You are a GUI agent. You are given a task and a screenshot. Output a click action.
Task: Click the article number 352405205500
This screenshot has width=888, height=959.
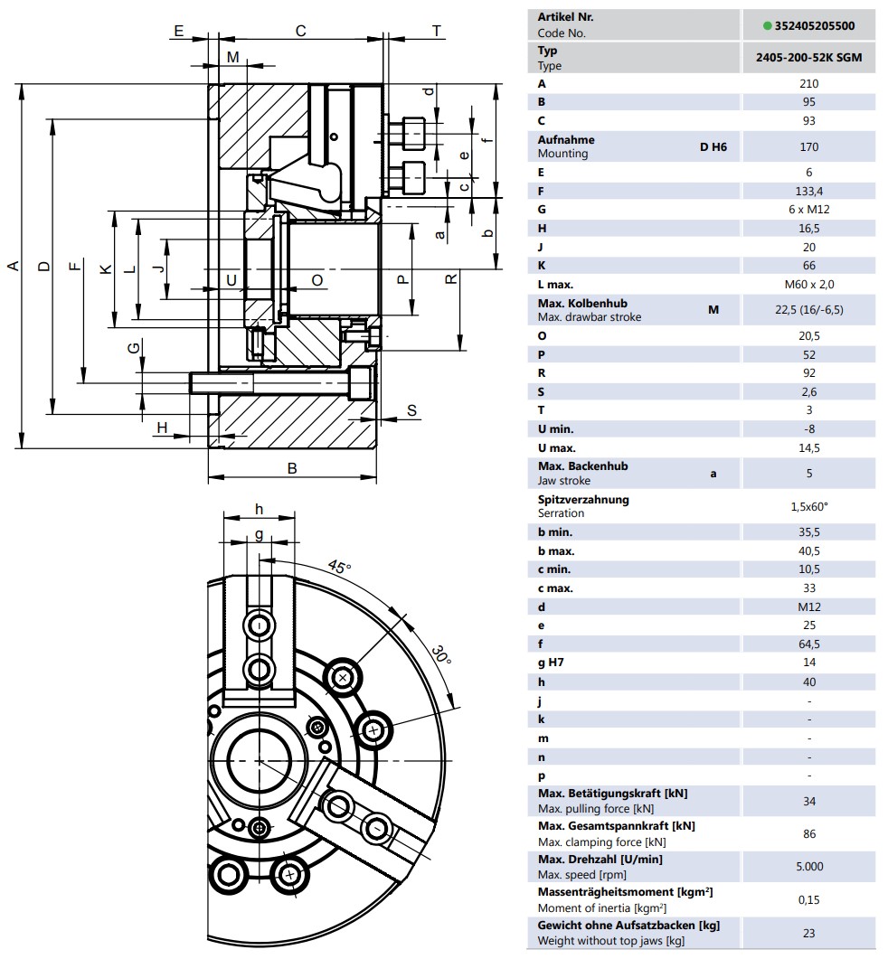(x=815, y=25)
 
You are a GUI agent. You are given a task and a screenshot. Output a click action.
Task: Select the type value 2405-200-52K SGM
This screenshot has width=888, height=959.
(x=809, y=58)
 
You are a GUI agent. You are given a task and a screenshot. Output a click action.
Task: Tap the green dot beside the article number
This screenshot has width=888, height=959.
(x=768, y=25)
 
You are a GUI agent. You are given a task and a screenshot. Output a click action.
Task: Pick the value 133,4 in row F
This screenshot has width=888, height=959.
(x=809, y=192)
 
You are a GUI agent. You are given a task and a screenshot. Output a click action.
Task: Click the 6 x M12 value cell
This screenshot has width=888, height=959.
(x=809, y=209)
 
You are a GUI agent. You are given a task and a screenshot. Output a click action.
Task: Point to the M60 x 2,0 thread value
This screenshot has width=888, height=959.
(x=809, y=285)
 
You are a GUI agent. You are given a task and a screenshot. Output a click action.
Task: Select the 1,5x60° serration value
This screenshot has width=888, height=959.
(x=809, y=506)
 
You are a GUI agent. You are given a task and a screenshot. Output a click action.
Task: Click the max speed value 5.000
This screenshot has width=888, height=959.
(x=809, y=866)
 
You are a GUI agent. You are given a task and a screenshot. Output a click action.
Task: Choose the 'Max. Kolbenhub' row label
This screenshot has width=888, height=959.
(x=582, y=304)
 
